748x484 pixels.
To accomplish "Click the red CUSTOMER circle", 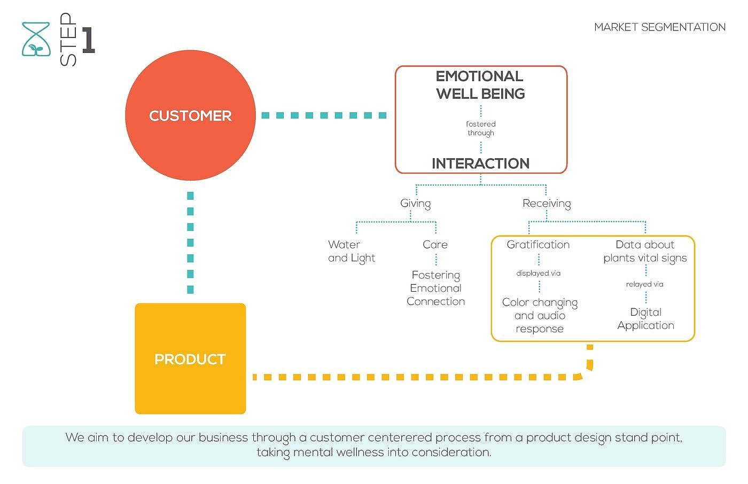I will [190, 115].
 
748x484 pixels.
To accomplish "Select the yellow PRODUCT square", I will [190, 358].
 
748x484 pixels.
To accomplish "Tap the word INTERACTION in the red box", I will [480, 163].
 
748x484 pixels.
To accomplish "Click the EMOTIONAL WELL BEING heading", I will [480, 85].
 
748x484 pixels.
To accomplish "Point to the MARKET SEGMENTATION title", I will [660, 27].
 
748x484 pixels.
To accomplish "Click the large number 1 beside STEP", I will [88, 40].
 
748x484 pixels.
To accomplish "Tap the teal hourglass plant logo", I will [36, 40].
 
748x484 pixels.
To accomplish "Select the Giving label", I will [415, 204].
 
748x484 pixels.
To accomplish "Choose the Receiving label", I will [547, 204].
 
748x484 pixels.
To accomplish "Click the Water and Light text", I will [351, 251].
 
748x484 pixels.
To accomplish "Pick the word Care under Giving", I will [435, 245].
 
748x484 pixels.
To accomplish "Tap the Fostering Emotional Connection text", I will [435, 288].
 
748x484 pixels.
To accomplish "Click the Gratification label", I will [538, 245].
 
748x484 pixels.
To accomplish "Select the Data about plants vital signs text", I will [645, 251].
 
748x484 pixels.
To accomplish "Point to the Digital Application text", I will [645, 318].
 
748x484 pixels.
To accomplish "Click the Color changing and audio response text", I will [540, 315].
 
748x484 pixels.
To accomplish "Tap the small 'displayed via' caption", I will [538, 274].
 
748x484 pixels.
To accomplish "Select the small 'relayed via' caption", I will [644, 284].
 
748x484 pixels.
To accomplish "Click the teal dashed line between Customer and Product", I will [190, 243].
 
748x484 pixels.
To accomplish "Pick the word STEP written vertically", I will [68, 40].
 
